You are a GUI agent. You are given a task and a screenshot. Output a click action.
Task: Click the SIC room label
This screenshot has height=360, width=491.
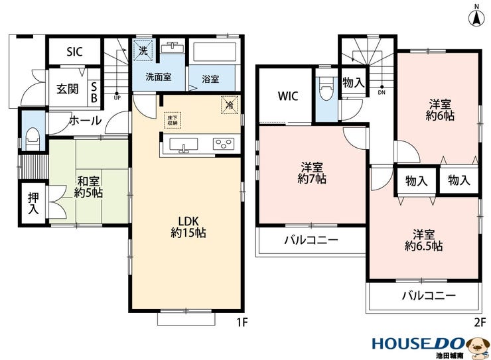tap(74, 52)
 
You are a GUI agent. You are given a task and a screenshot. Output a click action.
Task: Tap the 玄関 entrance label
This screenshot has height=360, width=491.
tap(67, 89)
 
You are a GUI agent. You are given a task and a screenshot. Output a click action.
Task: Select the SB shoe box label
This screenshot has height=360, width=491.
tap(94, 92)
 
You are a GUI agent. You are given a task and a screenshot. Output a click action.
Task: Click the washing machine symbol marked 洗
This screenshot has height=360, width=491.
tap(143, 50)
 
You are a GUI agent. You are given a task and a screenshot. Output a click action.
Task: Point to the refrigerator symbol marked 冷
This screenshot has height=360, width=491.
tap(230, 105)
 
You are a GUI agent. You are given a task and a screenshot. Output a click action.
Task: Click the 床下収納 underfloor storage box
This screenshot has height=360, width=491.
tap(173, 120)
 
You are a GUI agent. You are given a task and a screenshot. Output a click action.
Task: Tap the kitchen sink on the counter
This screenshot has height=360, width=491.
tap(184, 145)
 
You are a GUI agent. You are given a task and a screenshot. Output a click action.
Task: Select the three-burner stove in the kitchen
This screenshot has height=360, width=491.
tap(224, 144)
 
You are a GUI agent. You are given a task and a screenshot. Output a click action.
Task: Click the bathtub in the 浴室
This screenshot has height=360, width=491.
tap(214, 52)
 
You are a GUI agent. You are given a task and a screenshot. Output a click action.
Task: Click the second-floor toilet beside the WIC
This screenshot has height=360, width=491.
tap(326, 89)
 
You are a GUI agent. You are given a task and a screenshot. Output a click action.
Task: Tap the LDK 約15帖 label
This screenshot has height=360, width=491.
tap(188, 227)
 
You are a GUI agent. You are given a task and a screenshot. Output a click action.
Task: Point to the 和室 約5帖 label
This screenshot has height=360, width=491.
tap(88, 187)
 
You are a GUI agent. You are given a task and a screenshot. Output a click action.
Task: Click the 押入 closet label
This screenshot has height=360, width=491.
tap(33, 204)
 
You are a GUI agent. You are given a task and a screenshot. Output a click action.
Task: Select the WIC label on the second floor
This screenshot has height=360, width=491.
tap(288, 96)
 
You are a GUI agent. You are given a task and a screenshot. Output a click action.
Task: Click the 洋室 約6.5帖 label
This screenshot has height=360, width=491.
tap(423, 240)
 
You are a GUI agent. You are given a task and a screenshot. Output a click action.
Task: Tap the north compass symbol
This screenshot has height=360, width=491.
tap(476, 17)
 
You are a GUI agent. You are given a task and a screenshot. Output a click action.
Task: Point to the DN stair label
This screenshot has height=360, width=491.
tap(382, 93)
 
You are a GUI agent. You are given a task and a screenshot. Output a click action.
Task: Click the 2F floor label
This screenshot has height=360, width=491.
tap(480, 322)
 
